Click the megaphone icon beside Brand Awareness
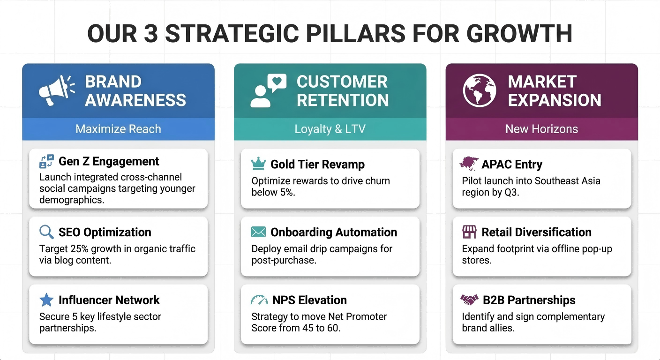[56, 90]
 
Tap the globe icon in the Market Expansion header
[480, 90]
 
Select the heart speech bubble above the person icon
[277, 82]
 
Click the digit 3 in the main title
[151, 33]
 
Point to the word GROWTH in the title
[519, 33]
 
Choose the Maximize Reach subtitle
[118, 129]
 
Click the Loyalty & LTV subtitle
[330, 129]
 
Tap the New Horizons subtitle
[541, 129]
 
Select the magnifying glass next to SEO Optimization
[46, 232]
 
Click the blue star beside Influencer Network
[46, 300]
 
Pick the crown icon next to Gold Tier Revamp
[258, 164]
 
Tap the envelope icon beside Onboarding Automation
[258, 232]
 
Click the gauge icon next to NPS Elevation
[259, 300]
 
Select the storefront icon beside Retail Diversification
[469, 232]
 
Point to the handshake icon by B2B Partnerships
[469, 300]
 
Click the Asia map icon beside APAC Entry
[468, 164]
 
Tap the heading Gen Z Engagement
[109, 161]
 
